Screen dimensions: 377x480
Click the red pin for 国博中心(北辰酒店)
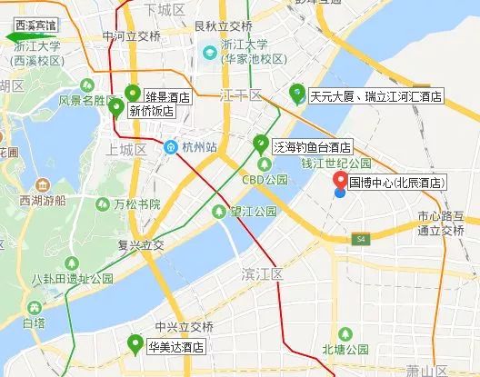(x=338, y=182)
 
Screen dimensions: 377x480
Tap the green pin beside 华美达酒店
(x=135, y=344)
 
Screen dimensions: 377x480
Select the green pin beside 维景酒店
(x=133, y=93)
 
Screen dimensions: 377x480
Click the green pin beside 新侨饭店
(x=116, y=107)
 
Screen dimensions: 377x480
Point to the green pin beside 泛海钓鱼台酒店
(x=262, y=144)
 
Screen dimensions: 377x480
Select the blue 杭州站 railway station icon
(x=170, y=146)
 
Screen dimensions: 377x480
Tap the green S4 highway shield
(x=360, y=239)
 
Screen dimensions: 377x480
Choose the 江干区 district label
(x=241, y=95)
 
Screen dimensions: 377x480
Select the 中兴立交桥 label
(x=184, y=326)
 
